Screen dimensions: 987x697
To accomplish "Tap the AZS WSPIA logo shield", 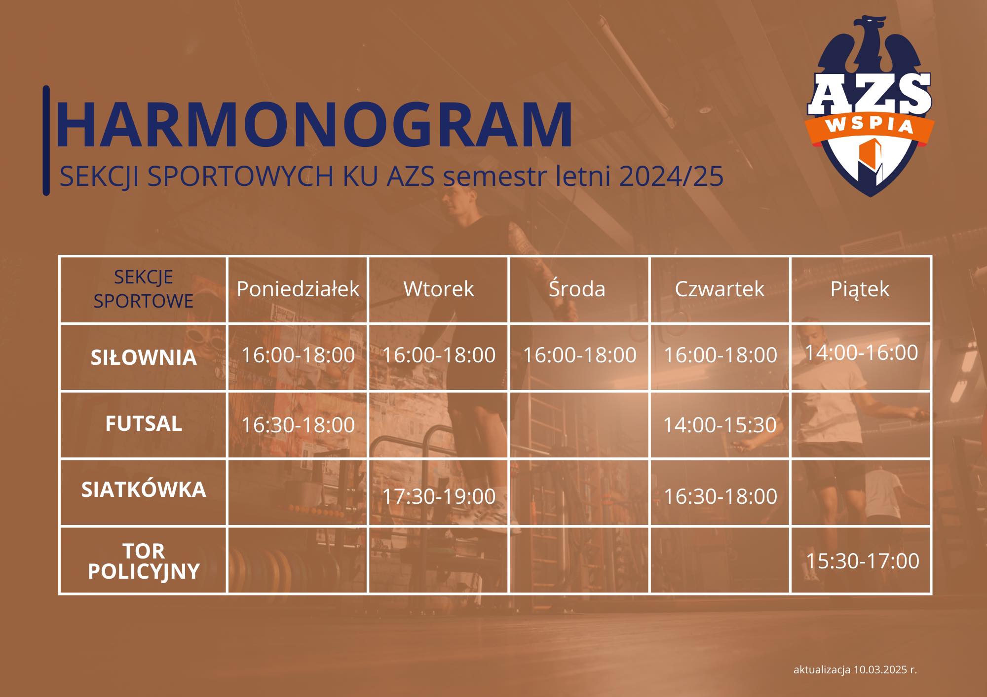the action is (x=870, y=106).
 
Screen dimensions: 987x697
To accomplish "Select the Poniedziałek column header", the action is (x=298, y=289).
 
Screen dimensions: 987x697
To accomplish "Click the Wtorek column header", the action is (x=438, y=289).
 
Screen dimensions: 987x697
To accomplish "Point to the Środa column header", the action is (x=577, y=288).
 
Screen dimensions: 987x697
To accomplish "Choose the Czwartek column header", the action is (x=720, y=289).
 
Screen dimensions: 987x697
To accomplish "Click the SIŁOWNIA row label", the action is (x=144, y=357).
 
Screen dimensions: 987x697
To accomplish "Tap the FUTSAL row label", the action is (x=144, y=423).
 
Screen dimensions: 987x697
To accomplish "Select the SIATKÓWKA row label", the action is (x=144, y=489).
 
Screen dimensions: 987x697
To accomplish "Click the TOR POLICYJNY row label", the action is (x=144, y=561).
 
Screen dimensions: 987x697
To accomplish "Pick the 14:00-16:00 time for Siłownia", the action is (x=861, y=352).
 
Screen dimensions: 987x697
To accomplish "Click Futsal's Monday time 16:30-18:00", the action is (x=298, y=425).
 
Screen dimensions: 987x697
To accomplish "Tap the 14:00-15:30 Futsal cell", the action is (x=720, y=425).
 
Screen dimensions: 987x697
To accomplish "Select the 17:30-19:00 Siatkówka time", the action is (x=439, y=496).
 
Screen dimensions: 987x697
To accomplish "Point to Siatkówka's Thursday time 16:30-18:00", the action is (x=720, y=496).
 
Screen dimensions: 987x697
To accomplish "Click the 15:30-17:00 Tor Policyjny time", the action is (x=862, y=561).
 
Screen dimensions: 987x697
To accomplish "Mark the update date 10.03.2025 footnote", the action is (x=855, y=669).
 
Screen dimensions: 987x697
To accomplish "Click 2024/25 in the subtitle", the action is (x=671, y=176).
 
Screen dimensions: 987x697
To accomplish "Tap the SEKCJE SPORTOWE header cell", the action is (x=144, y=289).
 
